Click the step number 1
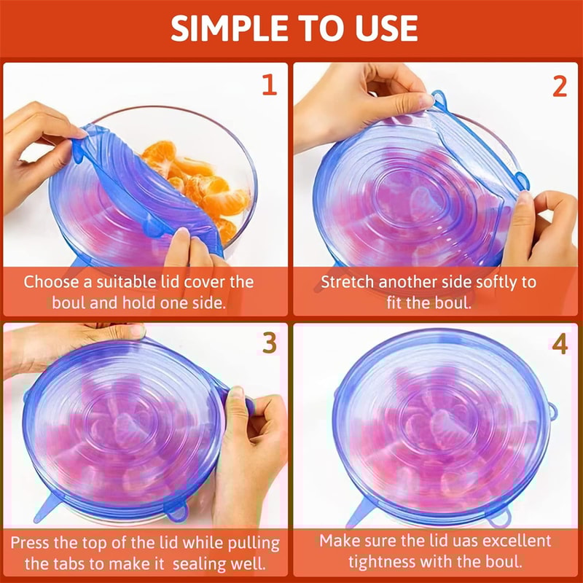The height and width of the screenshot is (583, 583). pos(269,85)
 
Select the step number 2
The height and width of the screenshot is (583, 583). pos(559,85)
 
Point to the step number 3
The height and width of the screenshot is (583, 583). pos(269,343)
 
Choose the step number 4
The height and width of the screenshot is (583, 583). pos(559,343)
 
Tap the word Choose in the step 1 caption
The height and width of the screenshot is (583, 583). pos(50,282)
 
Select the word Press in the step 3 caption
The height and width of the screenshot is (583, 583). pos(34,542)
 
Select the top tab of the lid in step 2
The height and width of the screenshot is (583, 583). pos(437,97)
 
